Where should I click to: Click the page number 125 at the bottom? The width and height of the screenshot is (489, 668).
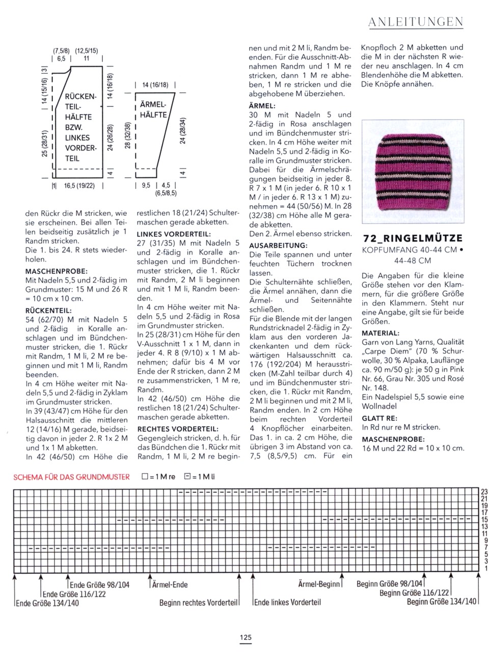pyautogui.click(x=246, y=637)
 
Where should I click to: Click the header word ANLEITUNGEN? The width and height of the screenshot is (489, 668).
pyautogui.click(x=415, y=22)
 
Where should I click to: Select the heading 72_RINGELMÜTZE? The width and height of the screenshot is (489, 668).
pyautogui.click(x=413, y=238)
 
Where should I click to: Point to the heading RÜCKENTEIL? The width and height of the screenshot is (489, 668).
pyautogui.click(x=48, y=310)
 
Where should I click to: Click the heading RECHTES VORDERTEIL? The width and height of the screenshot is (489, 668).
pyautogui.click(x=178, y=429)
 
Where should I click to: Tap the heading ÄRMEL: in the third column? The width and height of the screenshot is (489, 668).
pyautogui.click(x=262, y=106)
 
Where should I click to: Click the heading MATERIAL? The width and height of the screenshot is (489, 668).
pyautogui.click(x=381, y=333)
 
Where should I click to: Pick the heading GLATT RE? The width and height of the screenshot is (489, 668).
pyautogui.click(x=379, y=419)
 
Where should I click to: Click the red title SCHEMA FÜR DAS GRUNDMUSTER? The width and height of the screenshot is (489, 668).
pyautogui.click(x=71, y=477)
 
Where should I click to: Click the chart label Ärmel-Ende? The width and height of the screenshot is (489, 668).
pyautogui.click(x=170, y=584)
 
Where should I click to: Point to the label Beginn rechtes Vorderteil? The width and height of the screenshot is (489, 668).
pyautogui.click(x=199, y=603)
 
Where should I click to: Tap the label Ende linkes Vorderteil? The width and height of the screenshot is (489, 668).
pyautogui.click(x=287, y=603)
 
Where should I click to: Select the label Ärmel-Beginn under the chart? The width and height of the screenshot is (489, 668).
pyautogui.click(x=318, y=584)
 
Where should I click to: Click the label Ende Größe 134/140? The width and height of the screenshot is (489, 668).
pyautogui.click(x=47, y=603)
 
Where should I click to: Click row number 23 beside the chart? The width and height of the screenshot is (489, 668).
pyautogui.click(x=484, y=492)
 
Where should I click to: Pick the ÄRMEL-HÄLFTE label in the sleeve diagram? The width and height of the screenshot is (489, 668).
pyautogui.click(x=153, y=110)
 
